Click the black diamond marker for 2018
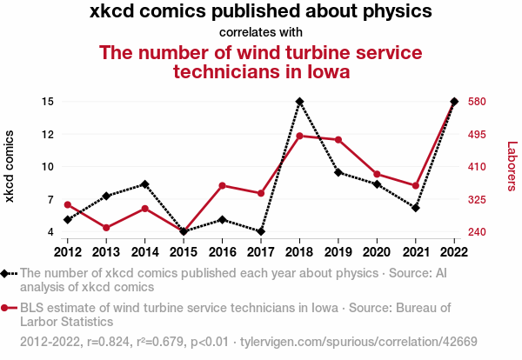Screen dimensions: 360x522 tap(299, 102)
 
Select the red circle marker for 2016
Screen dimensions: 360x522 tap(223, 185)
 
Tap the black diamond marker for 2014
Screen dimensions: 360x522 tap(145, 184)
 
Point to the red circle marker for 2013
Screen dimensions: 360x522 tap(106, 228)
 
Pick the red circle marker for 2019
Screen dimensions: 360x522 tap(338, 140)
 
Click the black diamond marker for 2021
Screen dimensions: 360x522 tap(416, 208)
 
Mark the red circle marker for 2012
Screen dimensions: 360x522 tap(68, 204)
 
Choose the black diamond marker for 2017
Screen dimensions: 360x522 tap(261, 231)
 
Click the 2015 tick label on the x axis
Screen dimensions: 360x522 tap(184, 252)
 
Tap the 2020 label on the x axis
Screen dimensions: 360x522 tap(377, 252)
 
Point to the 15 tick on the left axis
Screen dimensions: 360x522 tap(48, 102)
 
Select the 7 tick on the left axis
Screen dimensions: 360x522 tap(51, 200)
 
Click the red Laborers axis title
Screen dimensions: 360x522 tap(512, 167)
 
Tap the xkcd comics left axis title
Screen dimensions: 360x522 tap(10, 167)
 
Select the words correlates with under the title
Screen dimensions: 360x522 tap(261, 32)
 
